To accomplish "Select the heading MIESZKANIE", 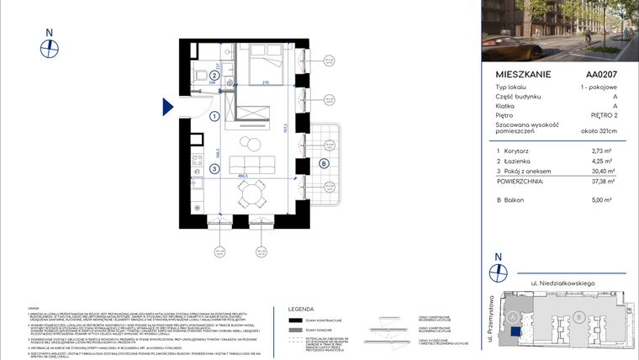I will click(524, 74).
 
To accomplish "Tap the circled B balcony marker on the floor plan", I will click(323, 163).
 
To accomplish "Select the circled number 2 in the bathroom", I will click(214, 74).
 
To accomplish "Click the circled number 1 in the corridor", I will click(214, 117).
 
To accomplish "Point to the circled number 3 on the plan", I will click(214, 169).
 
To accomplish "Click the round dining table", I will click(250, 195).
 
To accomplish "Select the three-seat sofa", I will click(251, 162).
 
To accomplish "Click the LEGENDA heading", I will click(301, 309).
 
